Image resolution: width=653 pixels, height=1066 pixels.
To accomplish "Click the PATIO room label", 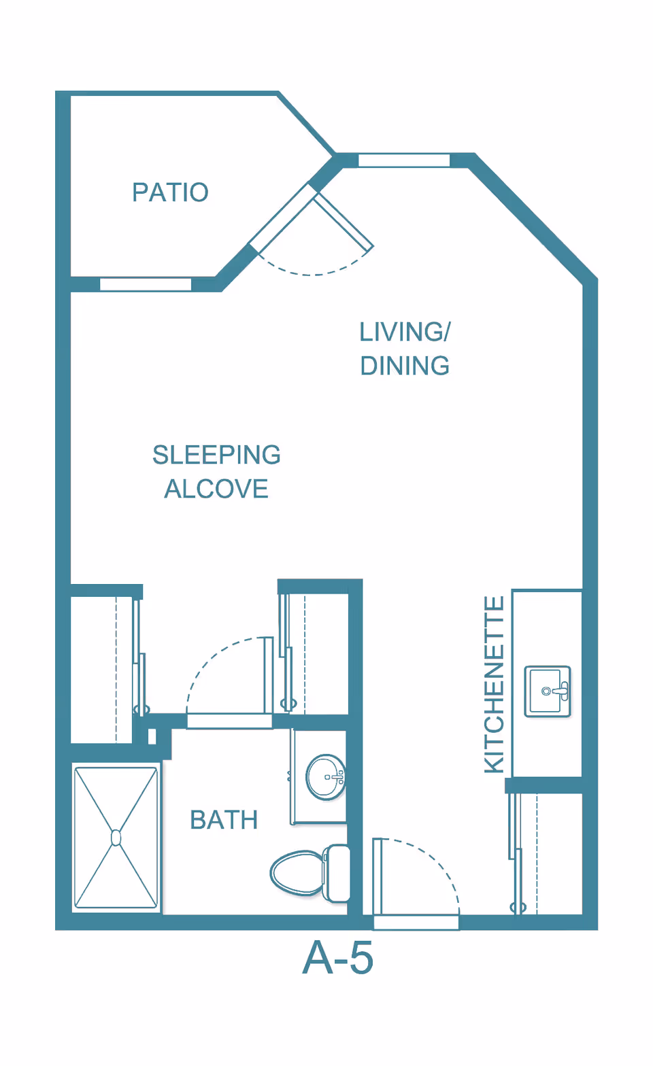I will [x=170, y=192].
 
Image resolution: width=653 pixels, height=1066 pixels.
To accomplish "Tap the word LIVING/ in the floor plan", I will [x=405, y=332].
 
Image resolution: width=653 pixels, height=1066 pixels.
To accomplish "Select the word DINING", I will [x=405, y=366].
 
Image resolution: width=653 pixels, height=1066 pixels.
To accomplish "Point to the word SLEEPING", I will [x=216, y=455].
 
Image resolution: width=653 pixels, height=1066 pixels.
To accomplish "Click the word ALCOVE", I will [x=216, y=489].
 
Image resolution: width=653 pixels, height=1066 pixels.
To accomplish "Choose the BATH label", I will [x=224, y=820].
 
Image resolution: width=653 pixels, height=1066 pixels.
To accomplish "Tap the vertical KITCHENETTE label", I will [x=495, y=685].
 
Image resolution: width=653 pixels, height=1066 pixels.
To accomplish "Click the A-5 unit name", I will [x=338, y=959].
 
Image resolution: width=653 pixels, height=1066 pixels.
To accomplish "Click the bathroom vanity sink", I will [x=325, y=777].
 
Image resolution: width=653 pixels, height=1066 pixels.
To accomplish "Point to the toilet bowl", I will [x=297, y=872].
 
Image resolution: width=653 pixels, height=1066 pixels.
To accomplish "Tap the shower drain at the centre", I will [x=116, y=838].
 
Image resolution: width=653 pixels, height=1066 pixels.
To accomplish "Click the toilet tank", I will [x=338, y=873].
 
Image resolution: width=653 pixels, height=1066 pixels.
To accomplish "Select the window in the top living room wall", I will [x=404, y=160].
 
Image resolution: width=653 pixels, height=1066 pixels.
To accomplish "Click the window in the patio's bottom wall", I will [x=146, y=284].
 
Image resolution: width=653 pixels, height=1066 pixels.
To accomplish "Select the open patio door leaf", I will [x=344, y=222].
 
